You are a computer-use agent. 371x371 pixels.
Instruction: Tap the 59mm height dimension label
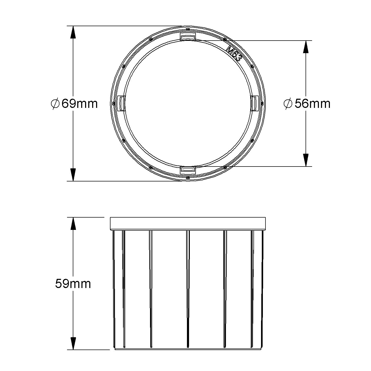(73, 284)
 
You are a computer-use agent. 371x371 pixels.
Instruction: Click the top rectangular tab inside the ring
(188, 37)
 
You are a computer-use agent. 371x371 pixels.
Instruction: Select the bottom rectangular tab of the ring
(188, 170)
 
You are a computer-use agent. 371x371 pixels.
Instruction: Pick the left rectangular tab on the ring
(121, 103)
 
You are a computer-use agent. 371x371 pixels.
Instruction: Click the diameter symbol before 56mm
(288, 104)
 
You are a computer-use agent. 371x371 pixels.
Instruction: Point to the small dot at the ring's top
(188, 29)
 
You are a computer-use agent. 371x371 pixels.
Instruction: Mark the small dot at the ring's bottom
(188, 178)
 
